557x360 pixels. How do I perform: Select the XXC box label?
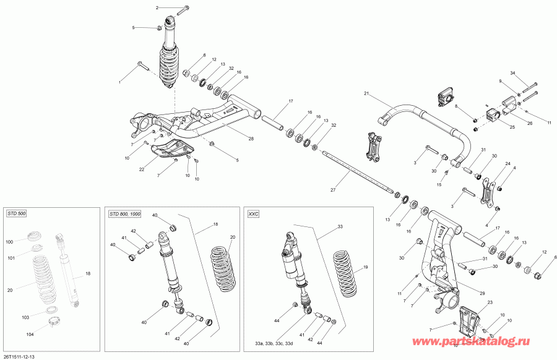(x=253, y=213)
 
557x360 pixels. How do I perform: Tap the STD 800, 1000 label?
(x=125, y=213)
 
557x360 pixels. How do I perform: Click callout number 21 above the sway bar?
(x=366, y=93)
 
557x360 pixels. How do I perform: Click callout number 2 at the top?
(x=157, y=7)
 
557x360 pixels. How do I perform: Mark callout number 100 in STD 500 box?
(x=9, y=241)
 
